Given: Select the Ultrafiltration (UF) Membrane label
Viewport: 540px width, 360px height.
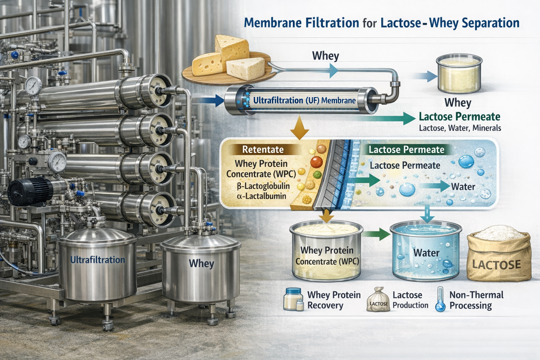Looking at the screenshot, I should coord(304,100).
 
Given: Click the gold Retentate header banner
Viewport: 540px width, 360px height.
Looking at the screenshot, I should coord(263,150).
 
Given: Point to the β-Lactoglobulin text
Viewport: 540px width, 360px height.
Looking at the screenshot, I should coord(263,186).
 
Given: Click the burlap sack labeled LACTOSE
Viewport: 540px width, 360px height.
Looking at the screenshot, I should coord(498,255).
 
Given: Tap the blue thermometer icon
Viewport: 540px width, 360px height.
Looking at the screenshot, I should coord(440,300).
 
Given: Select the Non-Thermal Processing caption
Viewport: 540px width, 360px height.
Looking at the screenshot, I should coord(476,300).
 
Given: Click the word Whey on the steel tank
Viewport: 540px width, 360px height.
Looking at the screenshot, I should coord(201,263).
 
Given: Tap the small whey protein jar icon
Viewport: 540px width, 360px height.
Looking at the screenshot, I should coord(293,300).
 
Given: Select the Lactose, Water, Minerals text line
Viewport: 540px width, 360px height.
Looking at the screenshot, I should coord(460,128).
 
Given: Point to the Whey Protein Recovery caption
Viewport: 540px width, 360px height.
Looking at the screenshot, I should coord(333,300).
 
